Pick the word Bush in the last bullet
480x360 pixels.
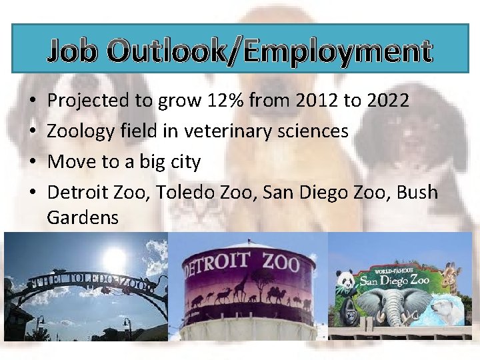click(417, 193)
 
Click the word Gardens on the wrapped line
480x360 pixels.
click(83, 217)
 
